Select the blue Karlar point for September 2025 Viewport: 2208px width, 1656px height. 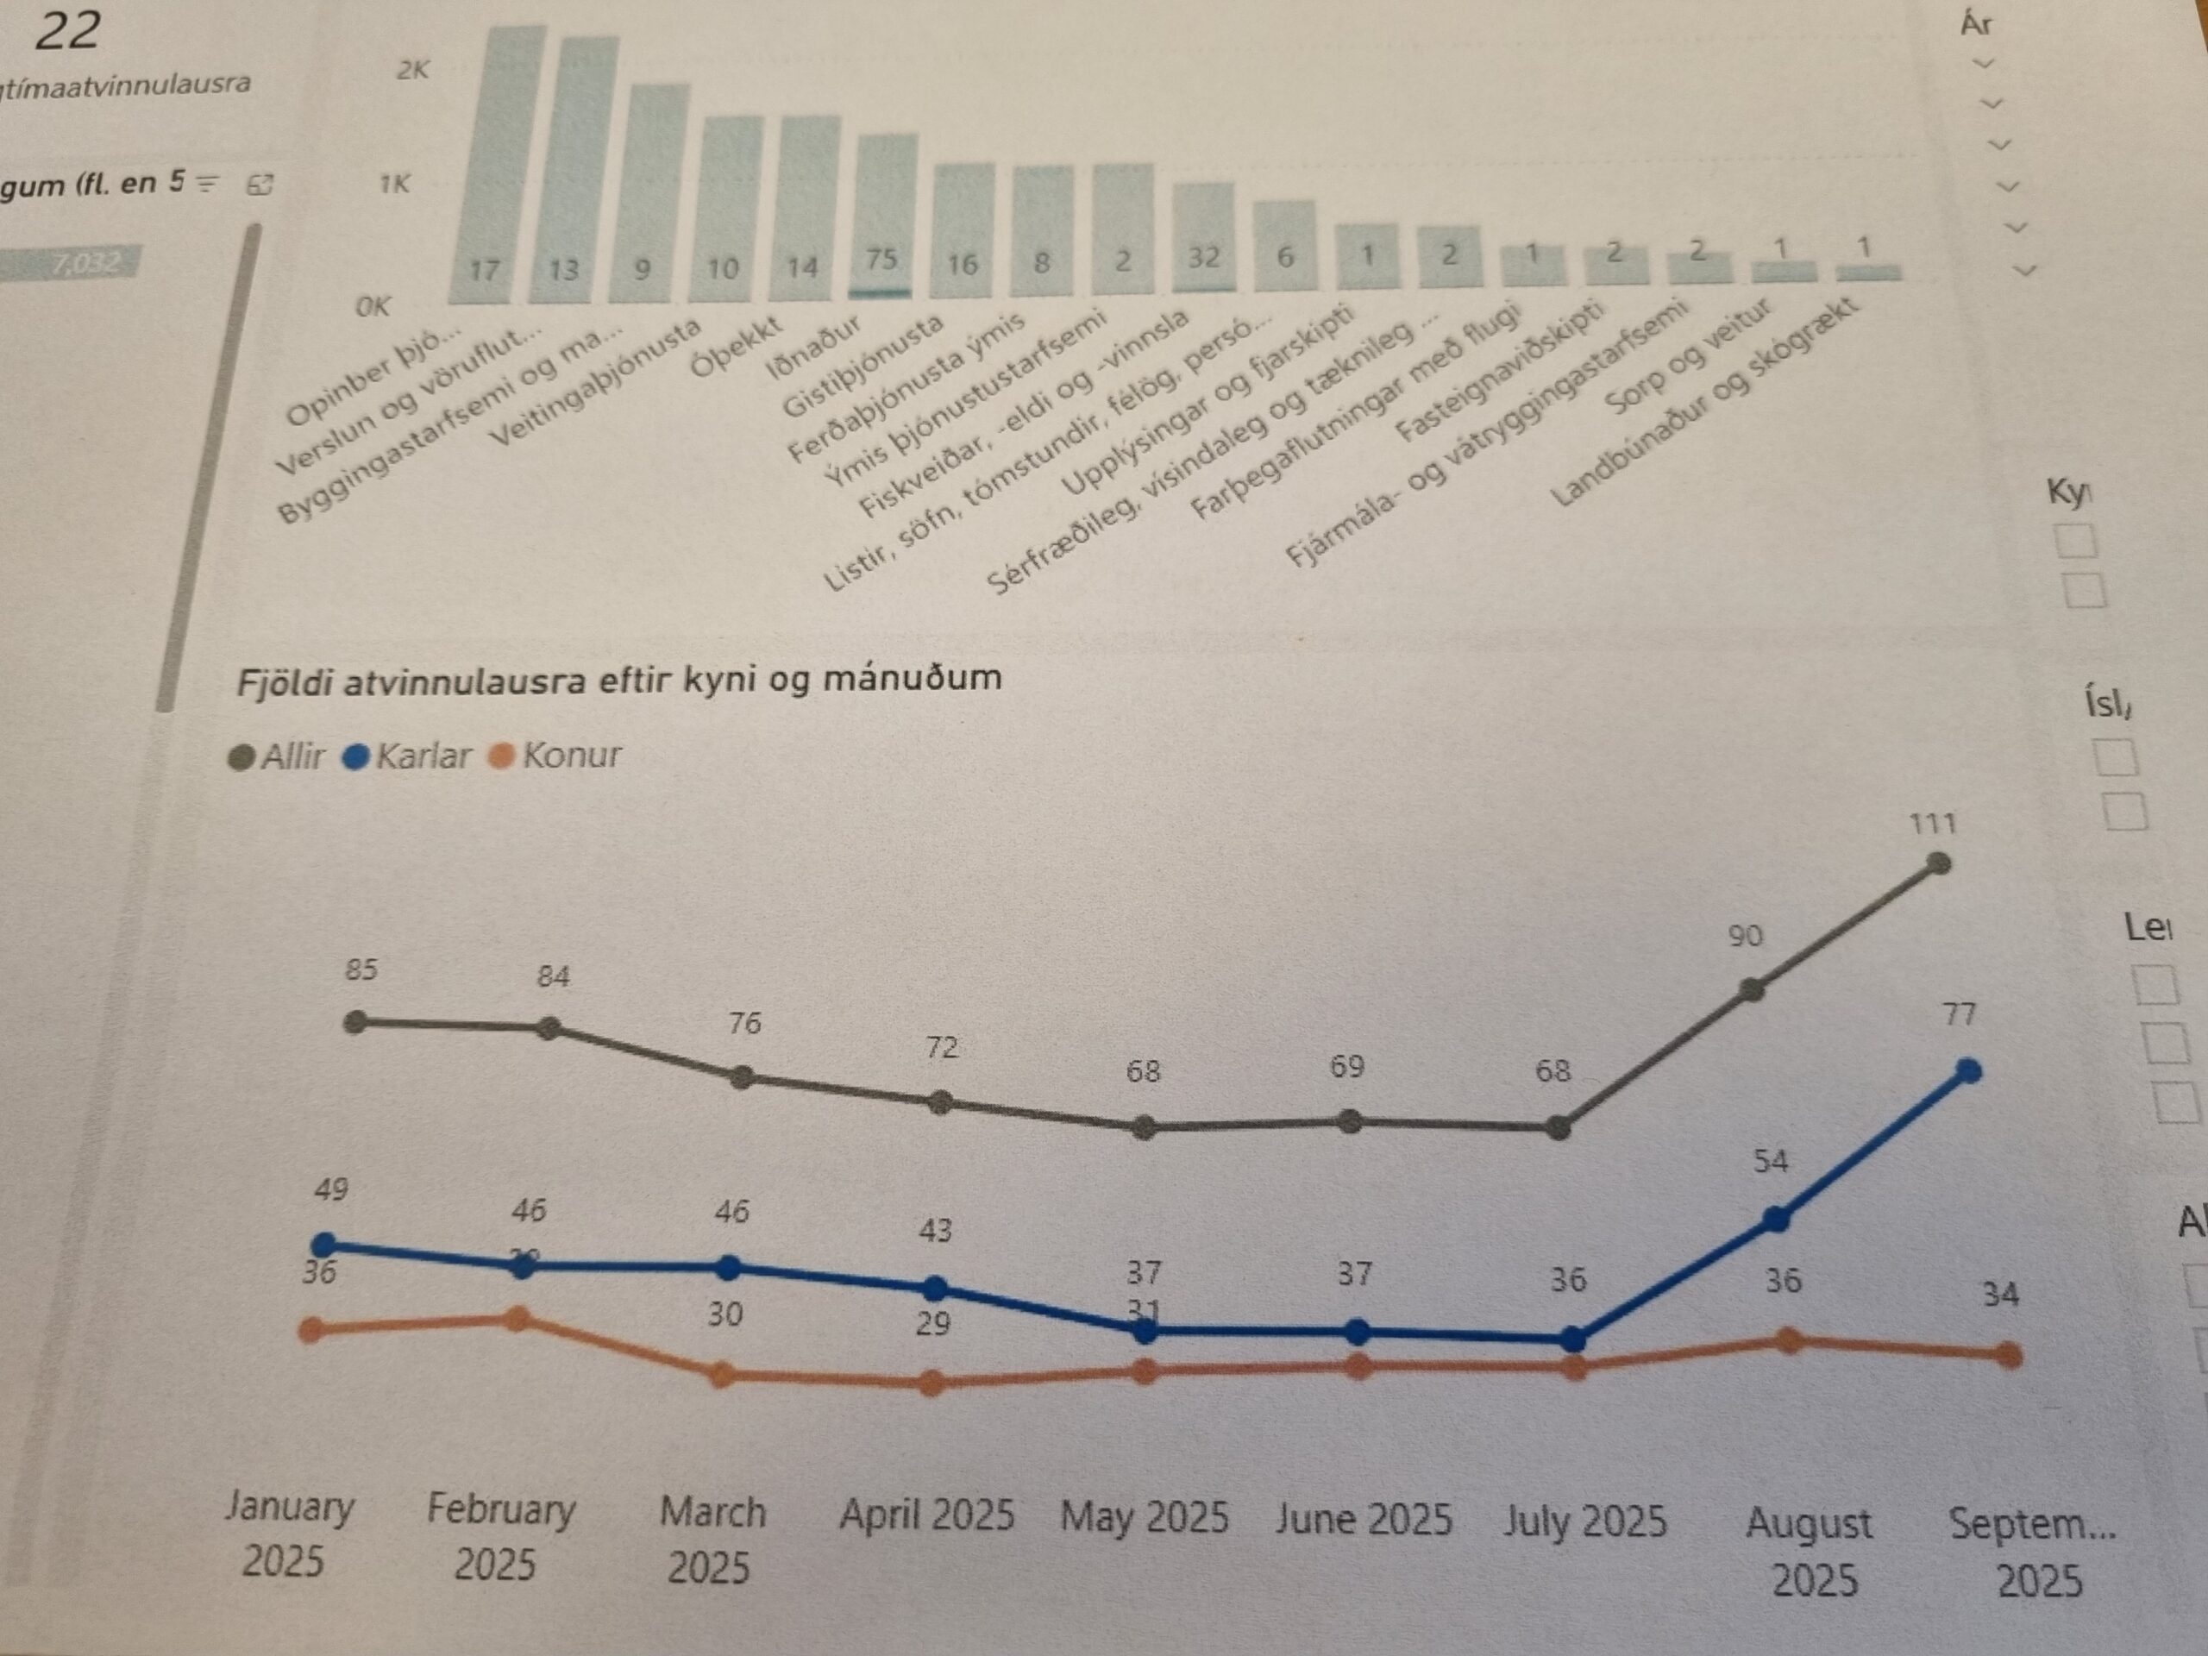1968,1071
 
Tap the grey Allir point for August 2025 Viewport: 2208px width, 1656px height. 1752,990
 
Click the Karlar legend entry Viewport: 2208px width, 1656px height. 407,756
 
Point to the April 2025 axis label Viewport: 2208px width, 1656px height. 926,1515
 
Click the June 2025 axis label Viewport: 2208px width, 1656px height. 1364,1519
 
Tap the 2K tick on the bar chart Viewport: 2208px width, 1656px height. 412,70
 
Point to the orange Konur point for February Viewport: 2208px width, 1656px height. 517,1320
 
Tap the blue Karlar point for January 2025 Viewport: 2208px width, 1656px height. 323,1245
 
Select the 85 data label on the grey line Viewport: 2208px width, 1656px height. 361,969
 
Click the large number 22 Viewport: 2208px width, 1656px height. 67,30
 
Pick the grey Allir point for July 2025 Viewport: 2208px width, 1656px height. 1559,1129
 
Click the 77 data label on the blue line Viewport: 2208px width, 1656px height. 1960,1015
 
